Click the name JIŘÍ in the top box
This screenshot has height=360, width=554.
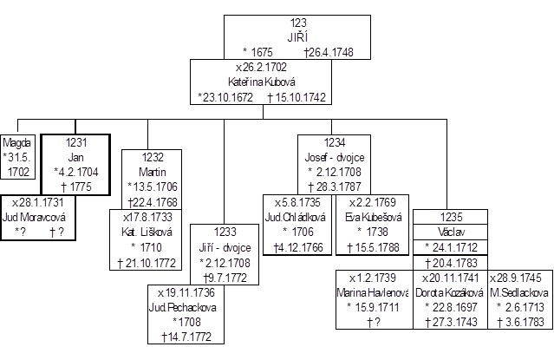(299, 35)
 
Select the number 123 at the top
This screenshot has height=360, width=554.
(299, 21)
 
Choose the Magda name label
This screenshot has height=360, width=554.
(18, 141)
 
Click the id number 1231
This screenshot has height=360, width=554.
(75, 142)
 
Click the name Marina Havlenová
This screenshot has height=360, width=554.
(375, 291)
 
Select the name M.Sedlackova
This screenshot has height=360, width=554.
(517, 292)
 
